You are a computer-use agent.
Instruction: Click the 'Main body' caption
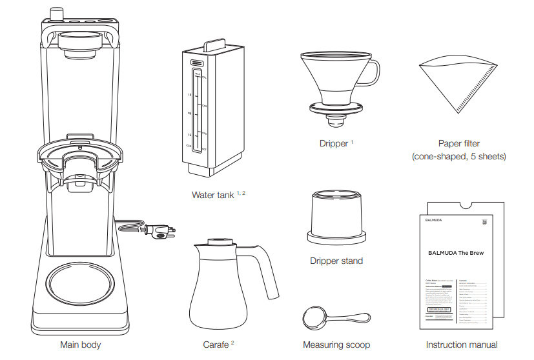[x=81, y=345]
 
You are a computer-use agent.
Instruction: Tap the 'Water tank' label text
[x=212, y=194]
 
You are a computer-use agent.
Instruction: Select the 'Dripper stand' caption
[x=336, y=261]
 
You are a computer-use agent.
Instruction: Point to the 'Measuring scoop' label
[x=336, y=345]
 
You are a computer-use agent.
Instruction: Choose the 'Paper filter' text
[x=458, y=143]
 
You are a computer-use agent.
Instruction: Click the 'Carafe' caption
[x=216, y=345]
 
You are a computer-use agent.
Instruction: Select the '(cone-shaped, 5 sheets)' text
[x=458, y=157]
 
